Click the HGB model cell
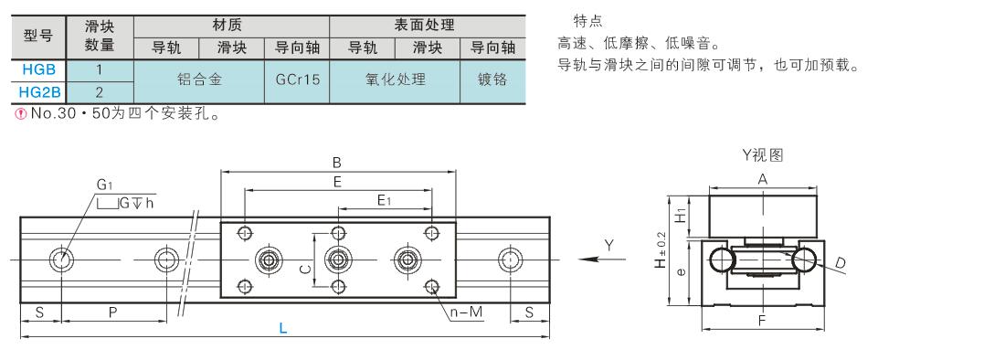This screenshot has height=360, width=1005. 39,69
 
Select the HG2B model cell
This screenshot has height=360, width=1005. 39,92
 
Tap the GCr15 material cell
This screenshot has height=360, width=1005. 297,80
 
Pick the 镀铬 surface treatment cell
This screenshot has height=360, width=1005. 492,80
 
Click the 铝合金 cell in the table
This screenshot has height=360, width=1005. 198,80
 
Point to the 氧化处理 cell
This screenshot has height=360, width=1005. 395,80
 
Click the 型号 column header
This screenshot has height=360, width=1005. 39,37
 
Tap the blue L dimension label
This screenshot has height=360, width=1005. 282,329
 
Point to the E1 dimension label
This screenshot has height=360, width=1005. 385,200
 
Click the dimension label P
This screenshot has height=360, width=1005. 113,312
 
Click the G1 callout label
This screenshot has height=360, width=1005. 104,185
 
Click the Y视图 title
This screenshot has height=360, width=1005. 762,155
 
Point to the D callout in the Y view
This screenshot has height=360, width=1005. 841,262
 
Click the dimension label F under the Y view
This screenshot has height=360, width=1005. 762,321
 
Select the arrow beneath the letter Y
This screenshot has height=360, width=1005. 602,259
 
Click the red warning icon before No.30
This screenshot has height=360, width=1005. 19,114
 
